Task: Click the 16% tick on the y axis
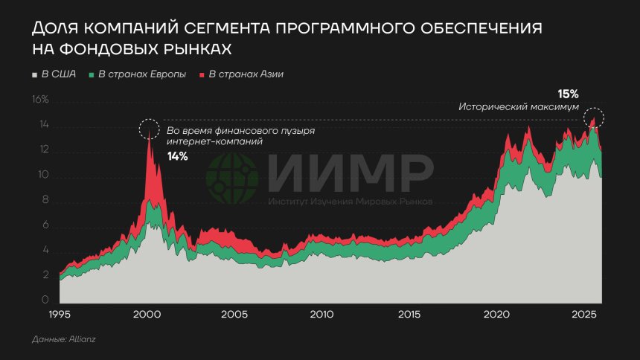click(x=39, y=100)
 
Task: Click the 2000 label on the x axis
click(x=147, y=315)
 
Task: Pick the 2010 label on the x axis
click(x=321, y=315)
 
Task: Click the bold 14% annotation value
click(x=177, y=156)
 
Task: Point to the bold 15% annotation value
click(x=568, y=94)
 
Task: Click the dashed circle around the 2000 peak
click(x=149, y=129)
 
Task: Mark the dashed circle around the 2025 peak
click(x=593, y=117)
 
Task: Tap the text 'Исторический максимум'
click(x=518, y=107)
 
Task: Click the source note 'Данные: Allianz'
click(x=64, y=339)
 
